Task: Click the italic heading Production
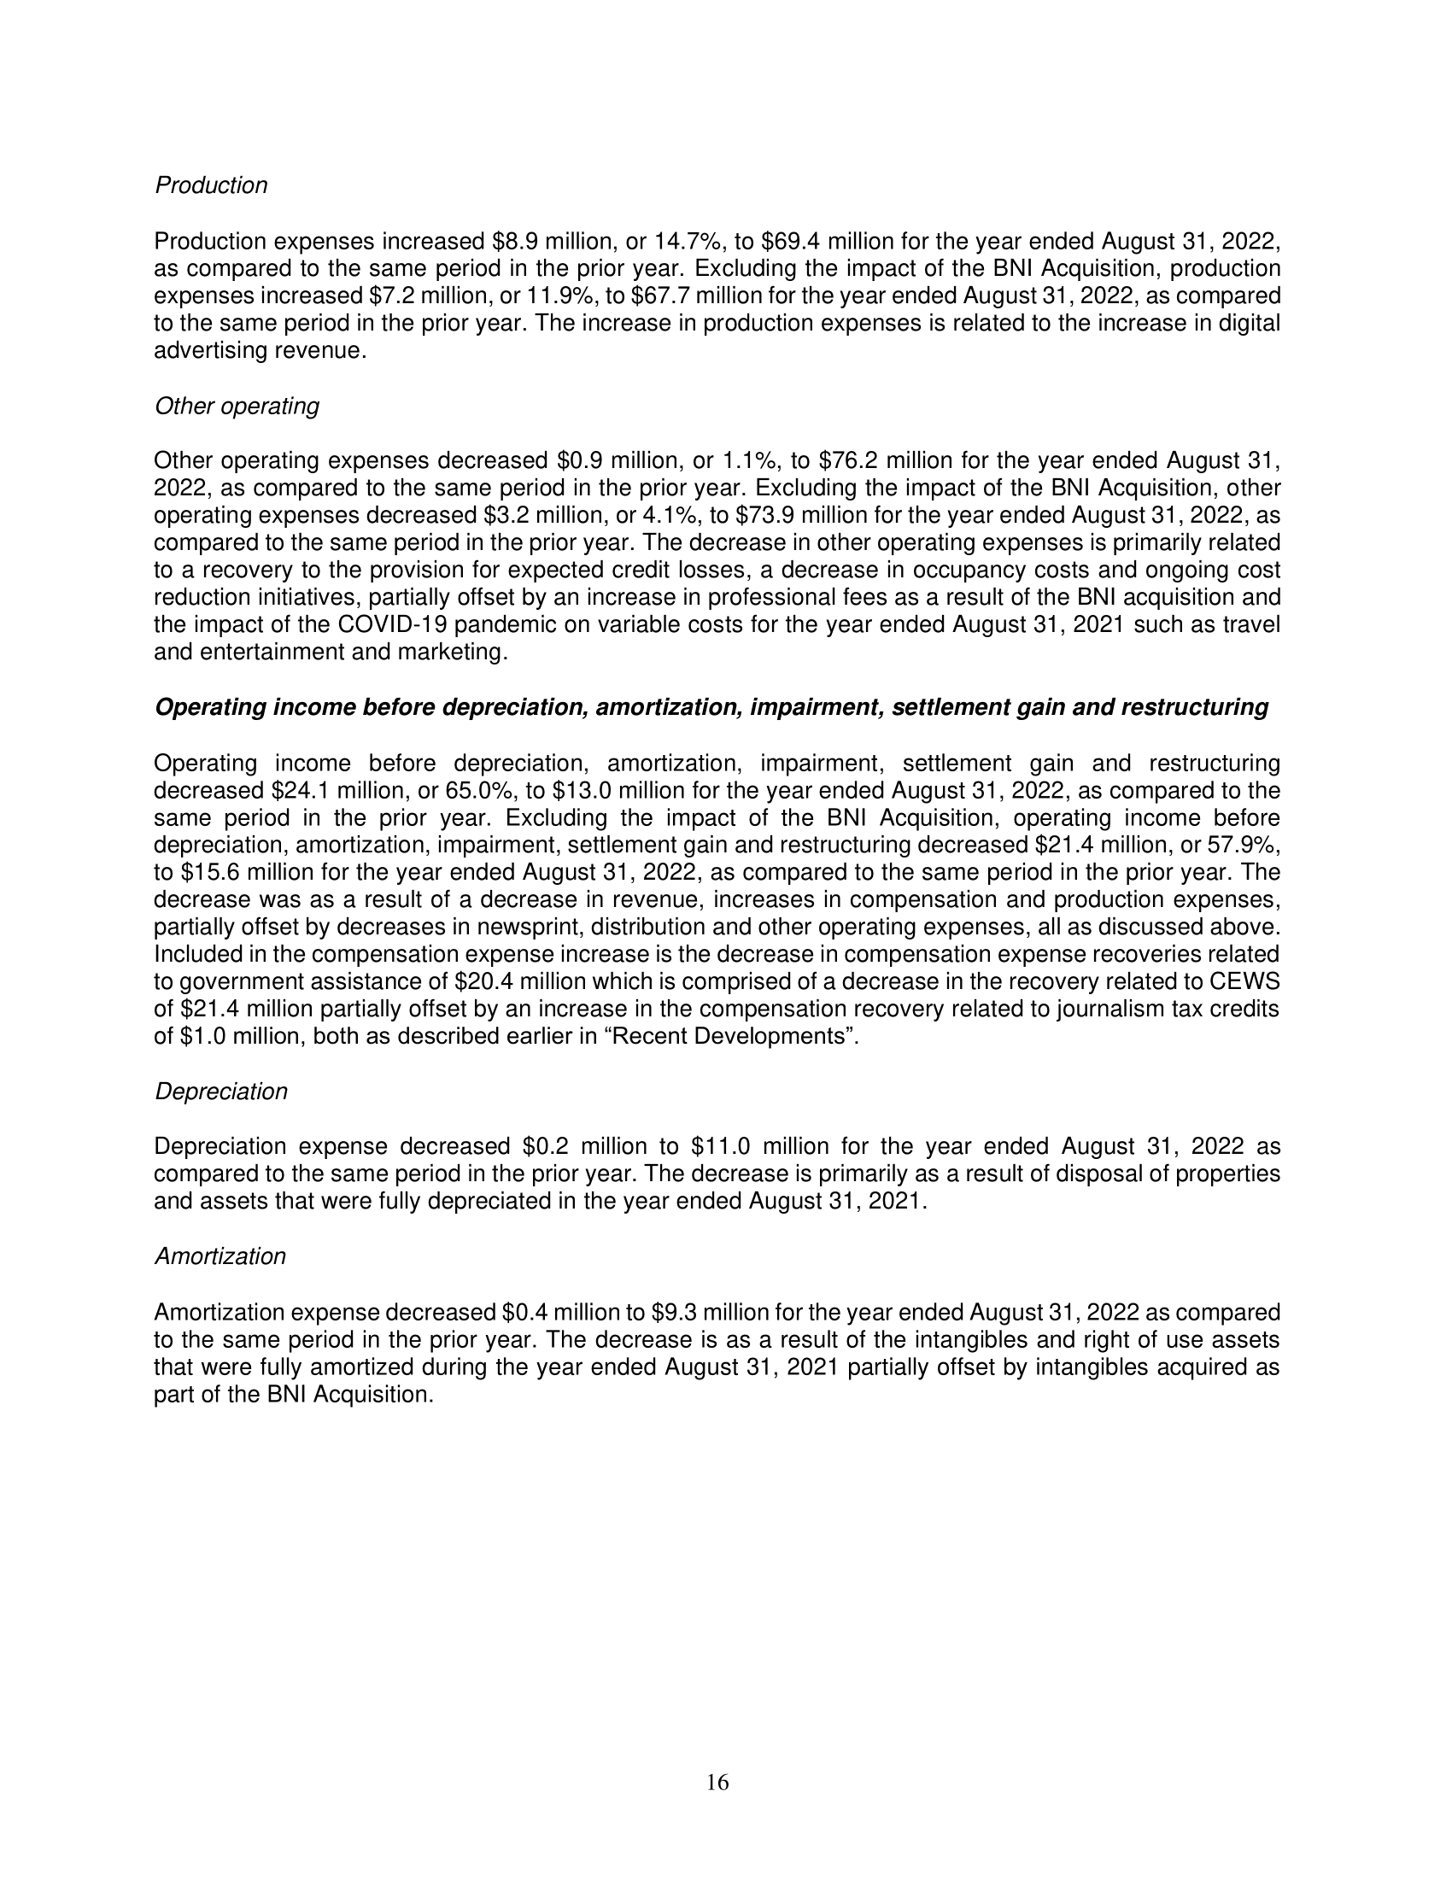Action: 211,186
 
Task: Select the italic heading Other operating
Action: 237,406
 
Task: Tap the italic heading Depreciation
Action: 220,1092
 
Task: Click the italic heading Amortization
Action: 220,1257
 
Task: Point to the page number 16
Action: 717,1783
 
